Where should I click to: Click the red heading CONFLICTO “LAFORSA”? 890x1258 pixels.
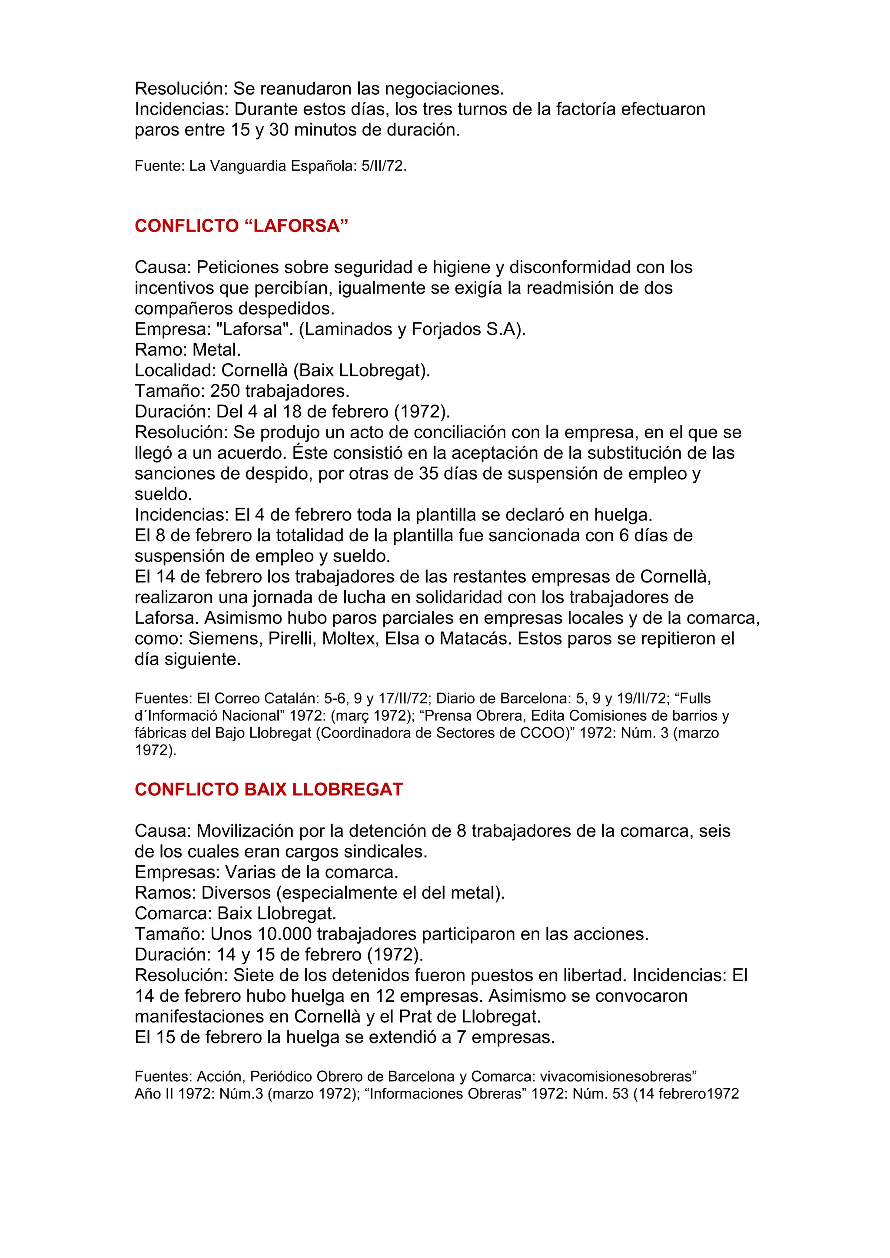point(241,226)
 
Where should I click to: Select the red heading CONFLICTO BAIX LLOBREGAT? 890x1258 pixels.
point(269,790)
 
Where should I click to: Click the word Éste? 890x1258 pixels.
point(310,453)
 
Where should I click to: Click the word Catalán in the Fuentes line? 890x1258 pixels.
point(292,699)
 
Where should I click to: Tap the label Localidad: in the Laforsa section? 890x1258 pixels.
point(176,371)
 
